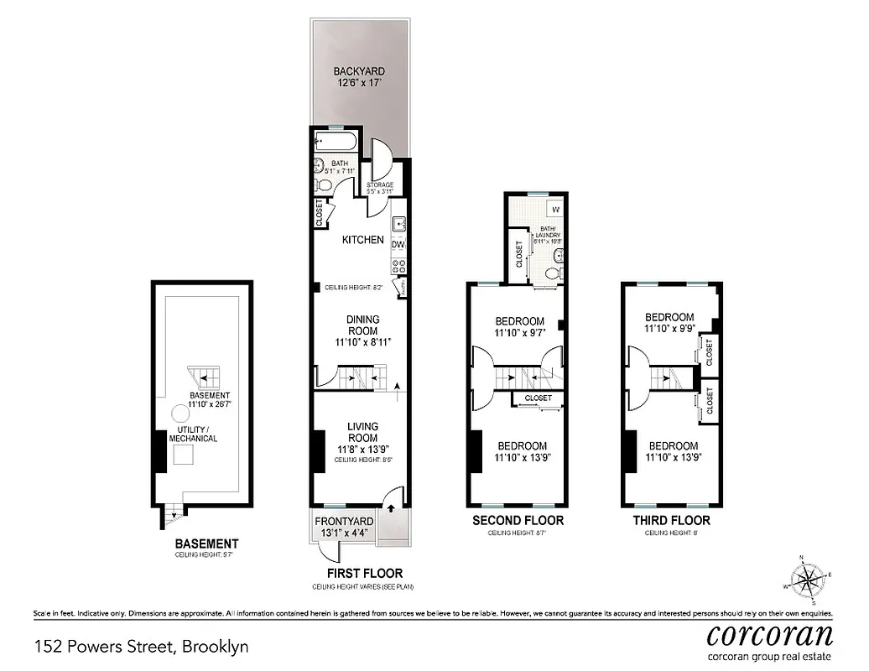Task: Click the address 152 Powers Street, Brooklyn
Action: (142, 648)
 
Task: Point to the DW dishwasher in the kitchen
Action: (399, 244)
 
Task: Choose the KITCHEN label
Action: (363, 240)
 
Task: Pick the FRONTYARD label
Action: (344, 522)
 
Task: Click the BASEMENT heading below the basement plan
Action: (206, 544)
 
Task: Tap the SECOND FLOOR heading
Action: (518, 521)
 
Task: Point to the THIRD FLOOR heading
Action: (671, 521)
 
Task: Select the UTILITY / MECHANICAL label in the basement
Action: (193, 434)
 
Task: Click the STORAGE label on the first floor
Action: (380, 185)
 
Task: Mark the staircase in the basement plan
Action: (201, 376)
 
